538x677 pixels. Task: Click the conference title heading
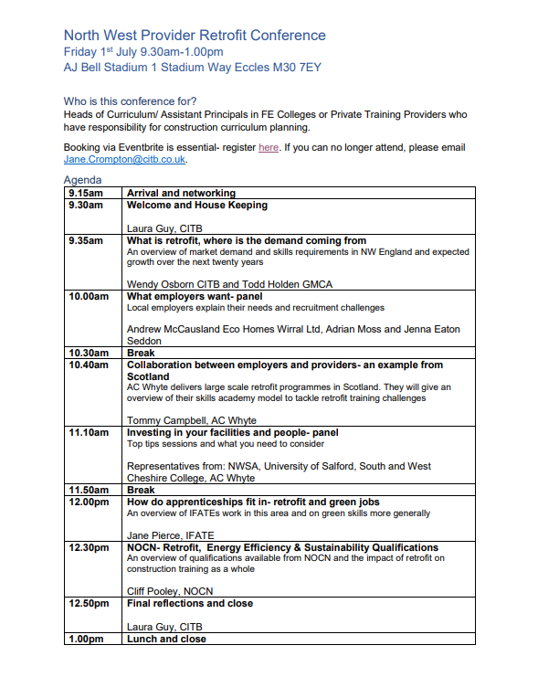(x=195, y=36)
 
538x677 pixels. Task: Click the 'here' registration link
(x=269, y=147)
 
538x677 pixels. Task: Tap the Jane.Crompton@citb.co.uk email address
(x=125, y=159)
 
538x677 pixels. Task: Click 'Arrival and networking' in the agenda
(x=181, y=194)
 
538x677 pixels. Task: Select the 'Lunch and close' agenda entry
(x=166, y=640)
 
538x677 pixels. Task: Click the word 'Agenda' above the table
(x=83, y=181)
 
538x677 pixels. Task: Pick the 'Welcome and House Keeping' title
(x=196, y=206)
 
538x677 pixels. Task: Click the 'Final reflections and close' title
(x=190, y=603)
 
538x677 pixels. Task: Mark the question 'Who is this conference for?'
(x=131, y=100)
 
